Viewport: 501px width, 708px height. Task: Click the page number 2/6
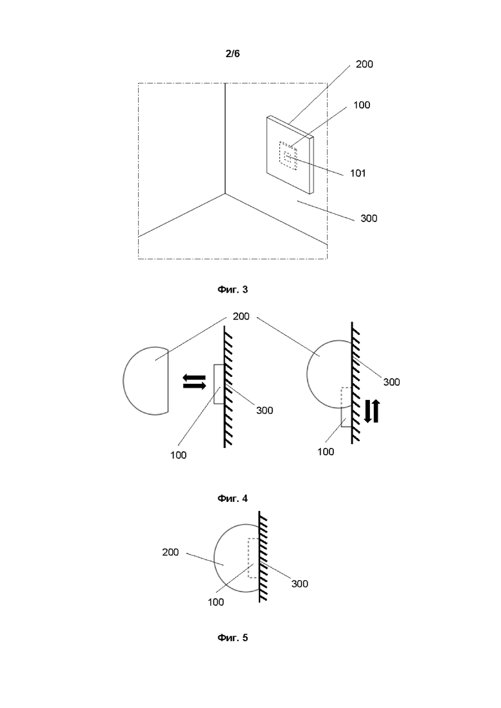coord(233,54)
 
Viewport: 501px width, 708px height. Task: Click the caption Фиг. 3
coord(233,289)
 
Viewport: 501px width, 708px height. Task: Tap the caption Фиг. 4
coord(233,499)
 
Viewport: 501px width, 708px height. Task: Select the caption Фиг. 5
coord(233,637)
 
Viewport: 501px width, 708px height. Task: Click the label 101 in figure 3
coord(358,173)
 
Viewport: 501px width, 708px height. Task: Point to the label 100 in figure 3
coord(362,105)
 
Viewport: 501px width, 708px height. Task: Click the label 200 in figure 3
coord(364,64)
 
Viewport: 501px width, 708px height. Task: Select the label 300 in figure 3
coord(369,218)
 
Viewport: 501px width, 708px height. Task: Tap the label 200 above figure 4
coord(241,316)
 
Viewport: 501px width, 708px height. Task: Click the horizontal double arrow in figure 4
coord(194,381)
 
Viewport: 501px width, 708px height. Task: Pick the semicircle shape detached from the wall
coord(123,381)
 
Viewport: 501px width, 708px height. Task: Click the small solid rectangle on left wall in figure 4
coord(218,384)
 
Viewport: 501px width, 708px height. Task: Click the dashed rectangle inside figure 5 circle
coord(253,558)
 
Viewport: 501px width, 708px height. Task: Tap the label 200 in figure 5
coord(170,552)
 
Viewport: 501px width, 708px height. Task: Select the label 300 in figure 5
coord(299,583)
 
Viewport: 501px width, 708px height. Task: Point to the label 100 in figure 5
coord(215,602)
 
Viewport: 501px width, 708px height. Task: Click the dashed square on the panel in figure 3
coord(288,156)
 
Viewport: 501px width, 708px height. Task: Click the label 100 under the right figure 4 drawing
coord(325,451)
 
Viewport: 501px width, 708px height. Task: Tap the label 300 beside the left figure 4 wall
coord(264,410)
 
